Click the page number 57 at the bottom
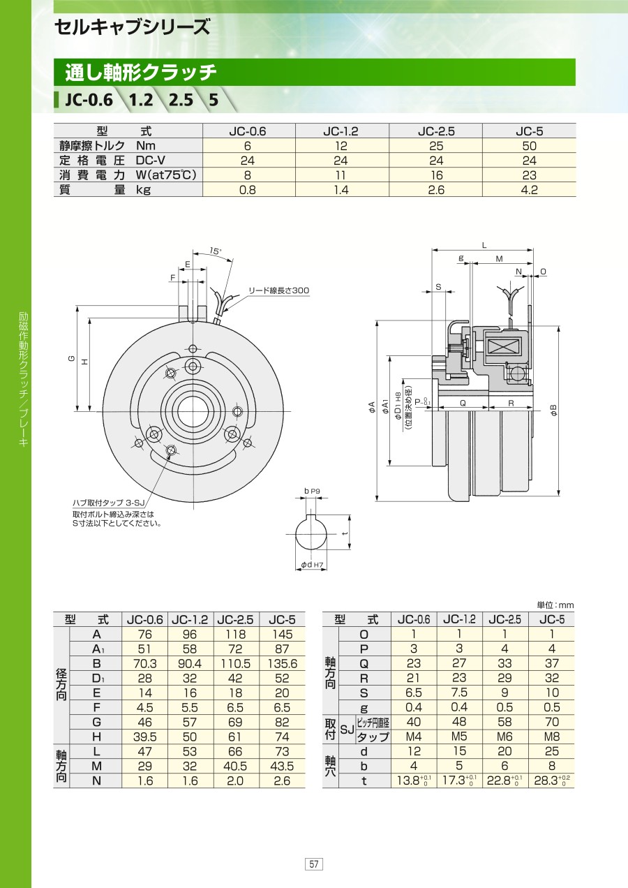(x=314, y=864)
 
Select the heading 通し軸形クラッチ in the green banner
(x=140, y=72)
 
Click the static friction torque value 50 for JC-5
(x=529, y=146)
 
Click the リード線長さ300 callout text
(x=278, y=290)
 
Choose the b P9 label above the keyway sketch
(x=312, y=491)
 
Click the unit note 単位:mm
(x=555, y=605)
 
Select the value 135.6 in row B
(x=282, y=664)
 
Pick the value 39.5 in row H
(x=144, y=737)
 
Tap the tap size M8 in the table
(x=551, y=737)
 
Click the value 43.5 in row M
(x=282, y=767)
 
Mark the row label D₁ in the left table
(x=97, y=679)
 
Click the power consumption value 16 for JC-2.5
(x=436, y=175)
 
